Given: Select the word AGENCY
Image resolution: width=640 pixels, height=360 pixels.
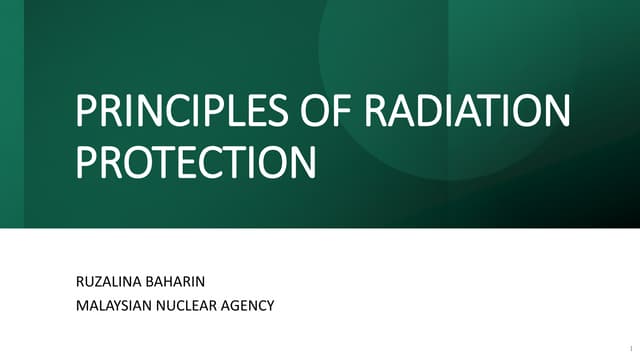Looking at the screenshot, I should point(251,305).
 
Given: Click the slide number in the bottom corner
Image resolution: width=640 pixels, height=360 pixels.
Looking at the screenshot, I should point(630,349).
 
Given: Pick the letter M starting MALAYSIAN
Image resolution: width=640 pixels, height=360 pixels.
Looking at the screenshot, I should point(82,305).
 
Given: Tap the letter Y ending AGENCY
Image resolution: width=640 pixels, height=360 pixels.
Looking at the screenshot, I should point(270,305).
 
